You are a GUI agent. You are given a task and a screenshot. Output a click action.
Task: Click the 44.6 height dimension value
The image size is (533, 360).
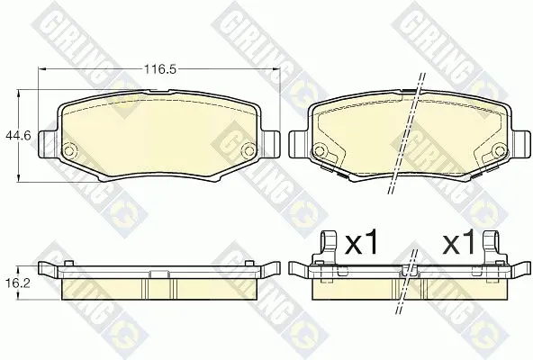click(x=18, y=136)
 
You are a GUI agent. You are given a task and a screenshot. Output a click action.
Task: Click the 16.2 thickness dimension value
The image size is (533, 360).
click(x=18, y=283)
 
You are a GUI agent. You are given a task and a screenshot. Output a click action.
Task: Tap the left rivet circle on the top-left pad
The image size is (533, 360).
click(x=70, y=150)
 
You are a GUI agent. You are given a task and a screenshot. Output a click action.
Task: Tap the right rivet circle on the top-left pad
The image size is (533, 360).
click(x=249, y=150)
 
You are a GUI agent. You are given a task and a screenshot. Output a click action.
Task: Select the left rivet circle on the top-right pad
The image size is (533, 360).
click(x=319, y=150)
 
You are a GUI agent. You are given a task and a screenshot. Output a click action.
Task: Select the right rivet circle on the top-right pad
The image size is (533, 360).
click(x=499, y=150)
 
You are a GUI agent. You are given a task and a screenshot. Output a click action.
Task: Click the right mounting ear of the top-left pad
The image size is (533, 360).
click(x=271, y=144)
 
